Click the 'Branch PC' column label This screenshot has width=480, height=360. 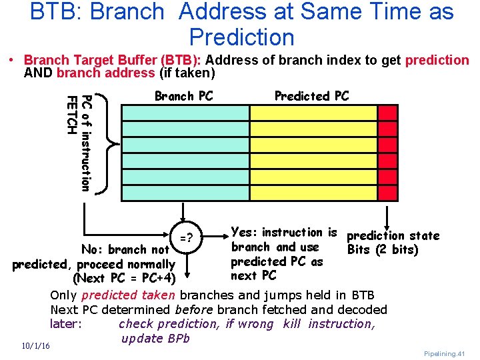coord(183,96)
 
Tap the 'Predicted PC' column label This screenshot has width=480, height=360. coord(311,96)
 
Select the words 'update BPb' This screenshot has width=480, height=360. coord(156,339)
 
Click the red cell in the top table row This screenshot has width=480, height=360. coord(389,113)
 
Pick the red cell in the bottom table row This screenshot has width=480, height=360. coord(389,192)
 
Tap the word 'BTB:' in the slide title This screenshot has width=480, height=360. coord(53,12)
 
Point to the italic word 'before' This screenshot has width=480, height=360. coord(194,309)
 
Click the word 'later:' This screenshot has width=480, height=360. coord(67,324)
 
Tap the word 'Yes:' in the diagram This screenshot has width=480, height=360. coord(244,233)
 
